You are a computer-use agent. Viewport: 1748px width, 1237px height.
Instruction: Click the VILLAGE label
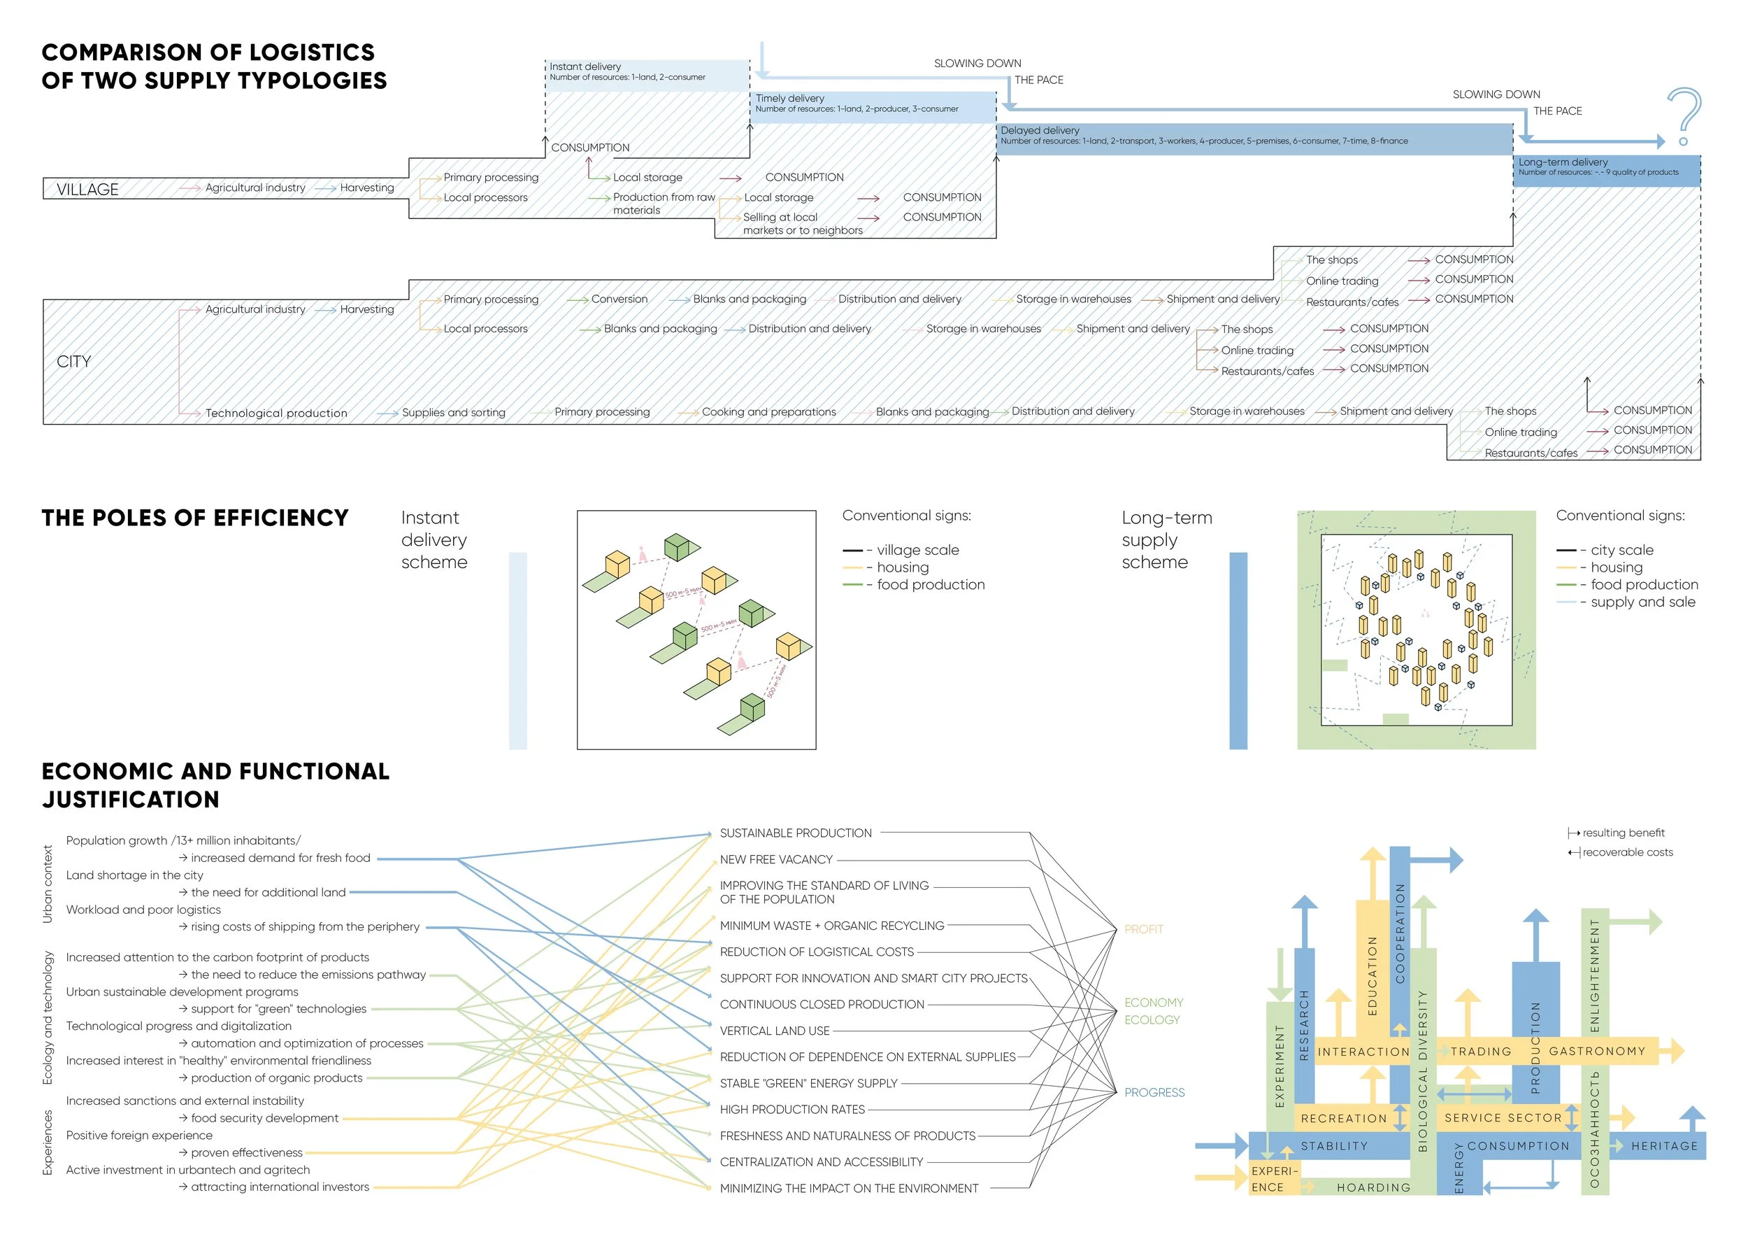[87, 189]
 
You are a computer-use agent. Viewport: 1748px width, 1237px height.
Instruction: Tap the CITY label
[74, 361]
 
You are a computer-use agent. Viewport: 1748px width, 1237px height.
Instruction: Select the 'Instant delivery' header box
[647, 74]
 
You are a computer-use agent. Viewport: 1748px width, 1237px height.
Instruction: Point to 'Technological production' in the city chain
[275, 413]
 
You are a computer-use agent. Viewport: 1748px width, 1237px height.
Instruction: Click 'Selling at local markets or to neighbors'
[803, 223]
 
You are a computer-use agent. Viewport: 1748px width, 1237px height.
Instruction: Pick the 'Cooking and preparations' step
[768, 412]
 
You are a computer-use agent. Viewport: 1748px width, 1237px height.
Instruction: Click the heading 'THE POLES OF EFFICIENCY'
[195, 518]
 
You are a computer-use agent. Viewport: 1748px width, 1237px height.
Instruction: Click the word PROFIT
[1143, 929]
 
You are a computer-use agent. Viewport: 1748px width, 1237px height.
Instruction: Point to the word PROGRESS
[1154, 1092]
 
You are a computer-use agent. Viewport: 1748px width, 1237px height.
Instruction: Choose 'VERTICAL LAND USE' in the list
[774, 1031]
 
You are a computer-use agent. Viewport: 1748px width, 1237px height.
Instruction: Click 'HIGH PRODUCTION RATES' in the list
[791, 1109]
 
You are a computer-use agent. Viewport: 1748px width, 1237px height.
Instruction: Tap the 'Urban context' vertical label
[48, 884]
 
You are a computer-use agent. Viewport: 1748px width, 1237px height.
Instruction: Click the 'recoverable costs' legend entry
[1627, 852]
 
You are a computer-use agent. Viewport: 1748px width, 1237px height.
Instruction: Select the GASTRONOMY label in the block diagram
[1596, 1051]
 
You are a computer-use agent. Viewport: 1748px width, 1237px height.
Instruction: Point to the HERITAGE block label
[1663, 1145]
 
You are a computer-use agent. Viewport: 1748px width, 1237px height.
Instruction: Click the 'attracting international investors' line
[280, 1187]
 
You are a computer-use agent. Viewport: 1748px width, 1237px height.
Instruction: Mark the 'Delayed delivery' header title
[1039, 130]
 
